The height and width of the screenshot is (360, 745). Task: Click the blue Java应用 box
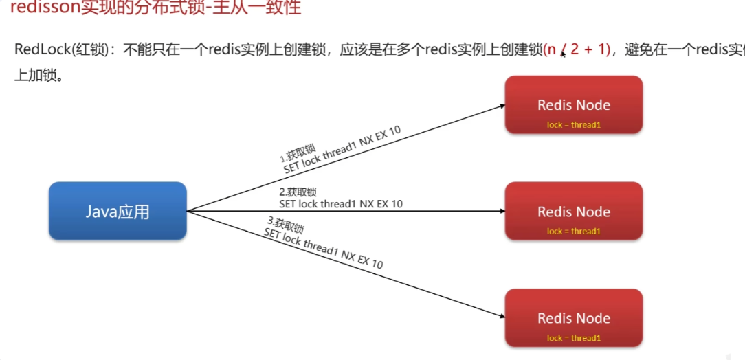point(118,211)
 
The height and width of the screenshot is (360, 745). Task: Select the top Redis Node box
point(574,104)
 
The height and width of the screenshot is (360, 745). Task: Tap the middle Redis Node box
point(574,211)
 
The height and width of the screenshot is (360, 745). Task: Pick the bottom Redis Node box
point(574,317)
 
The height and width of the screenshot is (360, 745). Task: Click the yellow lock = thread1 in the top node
point(574,124)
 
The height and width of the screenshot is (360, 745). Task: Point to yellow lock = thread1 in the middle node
point(574,231)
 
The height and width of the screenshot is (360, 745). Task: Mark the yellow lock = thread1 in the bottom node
point(574,337)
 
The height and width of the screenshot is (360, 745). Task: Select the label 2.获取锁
point(298,192)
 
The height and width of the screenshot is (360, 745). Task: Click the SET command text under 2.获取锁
point(341,203)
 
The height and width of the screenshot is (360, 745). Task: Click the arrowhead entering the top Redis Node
point(502,106)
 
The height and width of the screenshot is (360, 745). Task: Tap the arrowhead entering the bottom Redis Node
point(502,316)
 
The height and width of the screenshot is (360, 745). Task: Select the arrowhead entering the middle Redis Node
point(502,211)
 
